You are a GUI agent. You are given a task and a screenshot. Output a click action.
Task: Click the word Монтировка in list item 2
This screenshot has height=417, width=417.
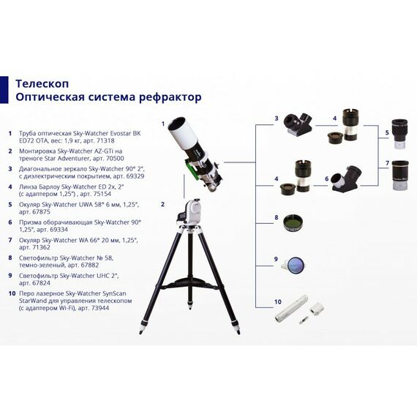[x=34, y=151]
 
